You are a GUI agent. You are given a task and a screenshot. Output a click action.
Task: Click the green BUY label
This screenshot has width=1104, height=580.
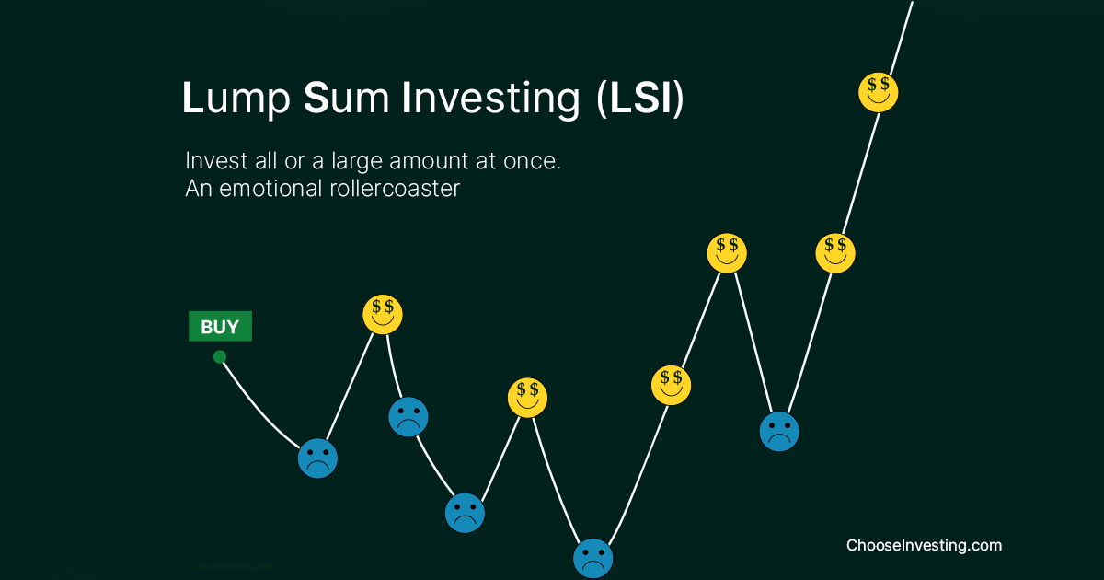click(220, 327)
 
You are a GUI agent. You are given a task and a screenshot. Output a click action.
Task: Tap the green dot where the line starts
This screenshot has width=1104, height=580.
click(219, 357)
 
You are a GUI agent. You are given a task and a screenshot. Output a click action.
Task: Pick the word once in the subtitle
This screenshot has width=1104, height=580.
click(530, 160)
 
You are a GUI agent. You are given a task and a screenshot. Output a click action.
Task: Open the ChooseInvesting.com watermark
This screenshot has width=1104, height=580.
click(924, 545)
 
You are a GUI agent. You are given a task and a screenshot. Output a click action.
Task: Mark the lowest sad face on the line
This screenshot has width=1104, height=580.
click(592, 557)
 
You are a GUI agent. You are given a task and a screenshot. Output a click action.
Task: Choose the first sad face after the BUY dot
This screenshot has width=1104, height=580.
click(317, 458)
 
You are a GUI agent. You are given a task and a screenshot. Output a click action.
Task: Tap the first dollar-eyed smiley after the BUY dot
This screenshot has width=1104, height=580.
click(383, 315)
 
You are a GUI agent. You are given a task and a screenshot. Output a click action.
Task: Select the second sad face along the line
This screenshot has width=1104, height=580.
click(408, 417)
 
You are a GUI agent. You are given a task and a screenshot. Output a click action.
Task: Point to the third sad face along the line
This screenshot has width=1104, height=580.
click(465, 513)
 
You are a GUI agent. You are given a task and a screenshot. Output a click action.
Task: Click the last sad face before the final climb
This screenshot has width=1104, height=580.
click(779, 431)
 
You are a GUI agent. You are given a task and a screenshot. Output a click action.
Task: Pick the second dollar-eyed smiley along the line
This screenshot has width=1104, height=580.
click(527, 398)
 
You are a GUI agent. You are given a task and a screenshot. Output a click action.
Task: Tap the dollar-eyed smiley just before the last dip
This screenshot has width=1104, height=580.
click(727, 252)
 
